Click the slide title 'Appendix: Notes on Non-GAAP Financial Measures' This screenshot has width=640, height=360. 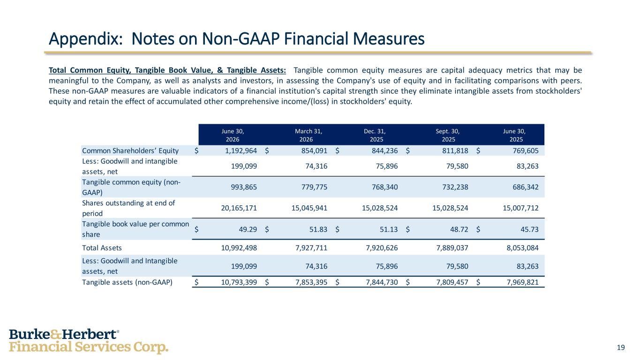[x=237, y=39]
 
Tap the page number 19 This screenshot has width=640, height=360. [x=621, y=347]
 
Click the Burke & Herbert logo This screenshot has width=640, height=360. [x=89, y=341]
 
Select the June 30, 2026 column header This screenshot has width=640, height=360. [x=233, y=135]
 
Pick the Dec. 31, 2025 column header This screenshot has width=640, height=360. [x=375, y=135]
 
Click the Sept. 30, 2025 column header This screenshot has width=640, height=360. [x=448, y=135]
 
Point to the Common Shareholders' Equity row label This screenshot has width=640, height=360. [x=130, y=150]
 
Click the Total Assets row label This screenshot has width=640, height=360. [x=102, y=247]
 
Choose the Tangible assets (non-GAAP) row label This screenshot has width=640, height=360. [x=127, y=282]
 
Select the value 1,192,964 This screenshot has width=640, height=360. [x=241, y=150]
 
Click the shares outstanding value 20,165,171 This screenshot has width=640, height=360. [x=239, y=208]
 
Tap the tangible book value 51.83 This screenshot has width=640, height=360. [x=318, y=229]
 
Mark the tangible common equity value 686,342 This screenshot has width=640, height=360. [x=526, y=187]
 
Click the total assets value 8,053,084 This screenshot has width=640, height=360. [x=523, y=247]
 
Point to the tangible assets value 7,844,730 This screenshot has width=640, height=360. [x=382, y=282]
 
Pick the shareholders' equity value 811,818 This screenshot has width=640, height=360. [x=455, y=150]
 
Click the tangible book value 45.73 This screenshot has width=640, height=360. [x=529, y=229]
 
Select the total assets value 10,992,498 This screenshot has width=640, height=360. [x=239, y=247]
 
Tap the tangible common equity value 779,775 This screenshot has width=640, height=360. [x=314, y=187]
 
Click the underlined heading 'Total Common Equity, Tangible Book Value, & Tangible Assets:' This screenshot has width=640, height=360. [x=167, y=70]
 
